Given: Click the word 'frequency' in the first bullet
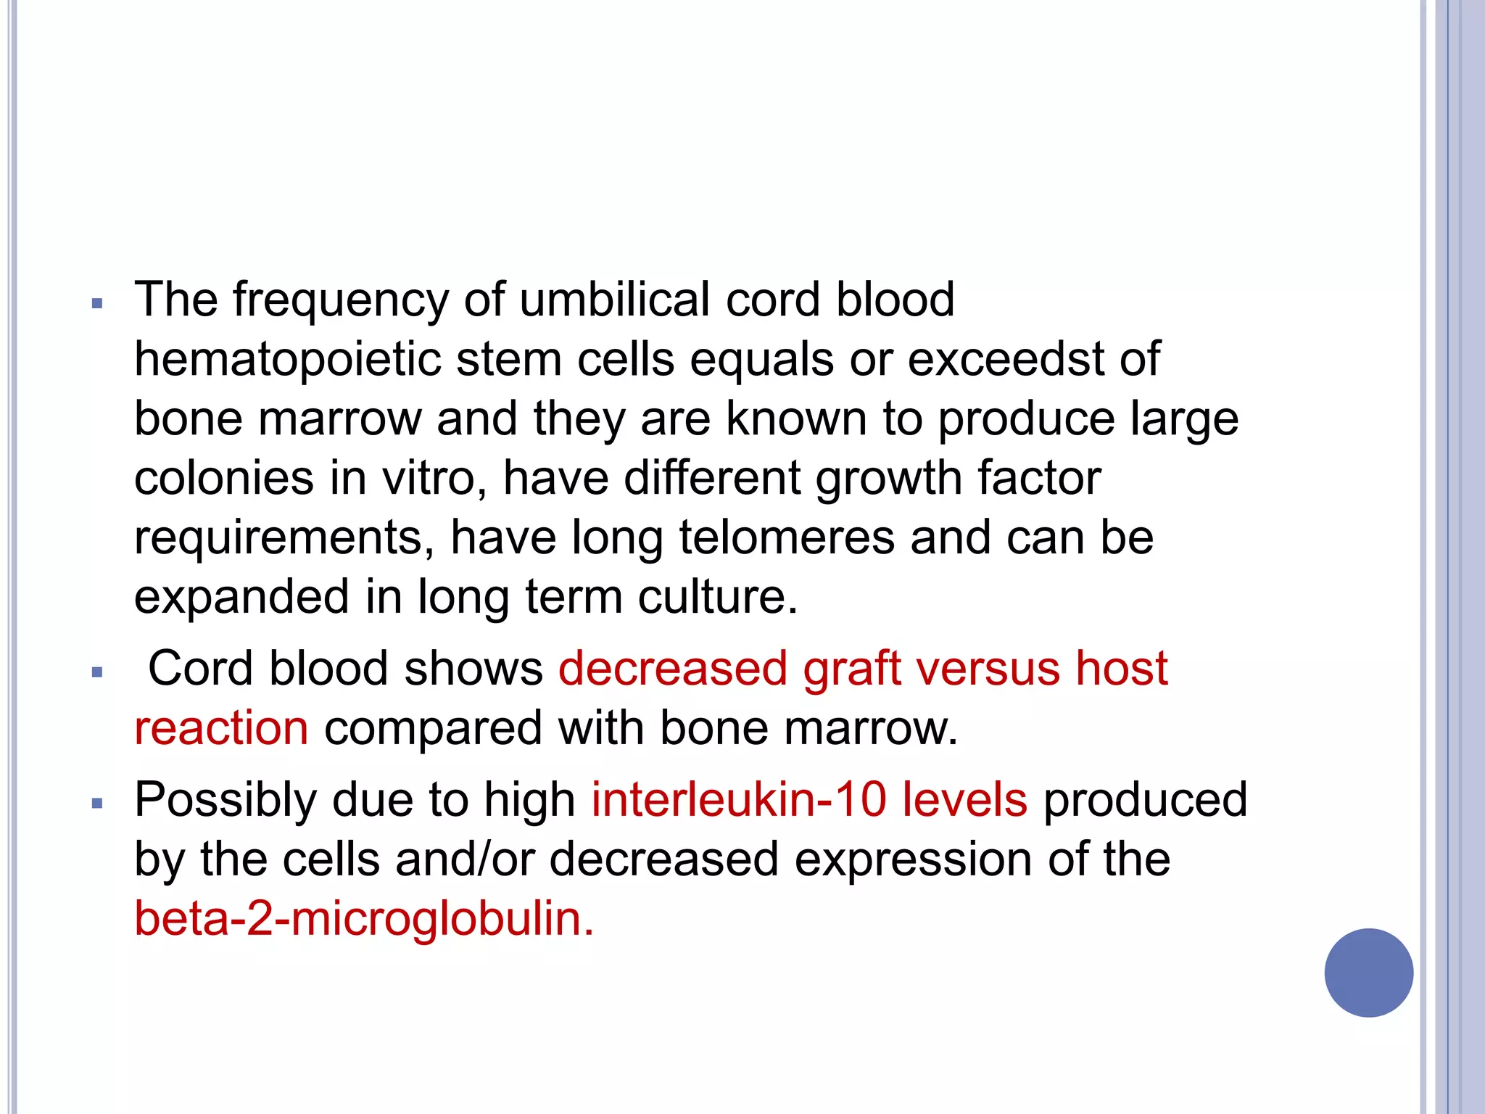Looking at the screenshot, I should click(x=340, y=300).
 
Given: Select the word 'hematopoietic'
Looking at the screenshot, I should click(x=287, y=360).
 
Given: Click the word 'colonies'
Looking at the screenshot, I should click(x=224, y=479).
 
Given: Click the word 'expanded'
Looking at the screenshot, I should click(x=241, y=598).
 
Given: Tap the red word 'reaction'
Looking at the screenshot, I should click(x=221, y=728).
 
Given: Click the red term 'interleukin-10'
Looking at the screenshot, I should click(x=738, y=800).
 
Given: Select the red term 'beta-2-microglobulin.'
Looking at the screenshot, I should click(x=364, y=919).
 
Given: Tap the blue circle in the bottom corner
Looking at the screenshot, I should click(x=1368, y=973).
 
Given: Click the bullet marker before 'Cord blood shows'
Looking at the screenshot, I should click(x=98, y=672).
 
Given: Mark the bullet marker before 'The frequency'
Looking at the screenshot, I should click(x=98, y=304).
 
